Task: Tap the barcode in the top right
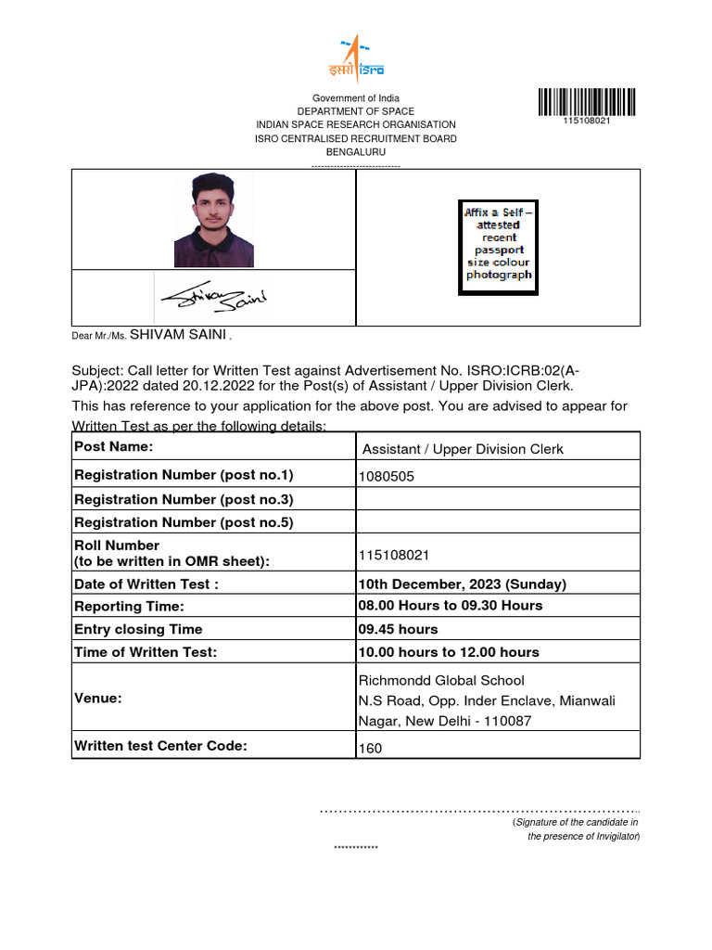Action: (587, 101)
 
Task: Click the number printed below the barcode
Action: (587, 122)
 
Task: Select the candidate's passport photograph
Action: (213, 220)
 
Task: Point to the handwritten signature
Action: (213, 297)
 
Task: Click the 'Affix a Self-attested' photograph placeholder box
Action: (499, 248)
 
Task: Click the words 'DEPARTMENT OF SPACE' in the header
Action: (356, 111)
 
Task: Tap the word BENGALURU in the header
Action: (356, 152)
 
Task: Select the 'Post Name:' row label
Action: (114, 447)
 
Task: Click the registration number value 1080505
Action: (388, 477)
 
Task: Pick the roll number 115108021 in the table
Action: (393, 555)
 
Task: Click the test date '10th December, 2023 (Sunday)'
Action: (462, 584)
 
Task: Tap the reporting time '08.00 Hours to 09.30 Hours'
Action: (451, 606)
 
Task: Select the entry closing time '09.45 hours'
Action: (398, 629)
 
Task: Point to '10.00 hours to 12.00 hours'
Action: (449, 652)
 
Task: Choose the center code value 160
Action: (370, 748)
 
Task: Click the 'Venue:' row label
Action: (98, 698)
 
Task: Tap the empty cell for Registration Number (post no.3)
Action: (498, 499)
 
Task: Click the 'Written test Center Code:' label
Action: (160, 745)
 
